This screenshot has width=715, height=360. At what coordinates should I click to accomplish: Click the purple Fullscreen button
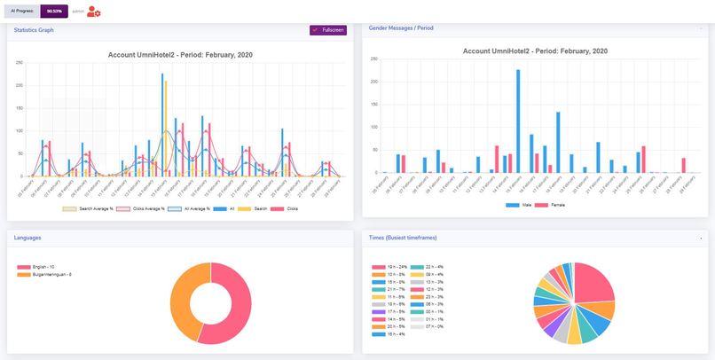[328, 30]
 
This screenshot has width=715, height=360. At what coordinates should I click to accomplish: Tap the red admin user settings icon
[94, 12]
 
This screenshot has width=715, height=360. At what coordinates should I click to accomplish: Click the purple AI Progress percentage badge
[54, 12]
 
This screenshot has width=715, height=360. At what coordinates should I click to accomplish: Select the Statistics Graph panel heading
[34, 29]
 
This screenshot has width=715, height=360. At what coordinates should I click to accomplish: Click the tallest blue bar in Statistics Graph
[162, 124]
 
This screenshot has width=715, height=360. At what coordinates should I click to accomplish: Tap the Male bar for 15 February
[518, 121]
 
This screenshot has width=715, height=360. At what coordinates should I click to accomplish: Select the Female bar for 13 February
[497, 159]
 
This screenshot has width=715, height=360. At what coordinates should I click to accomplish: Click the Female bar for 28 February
[684, 165]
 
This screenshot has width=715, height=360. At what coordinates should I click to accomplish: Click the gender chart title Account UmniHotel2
[535, 51]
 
